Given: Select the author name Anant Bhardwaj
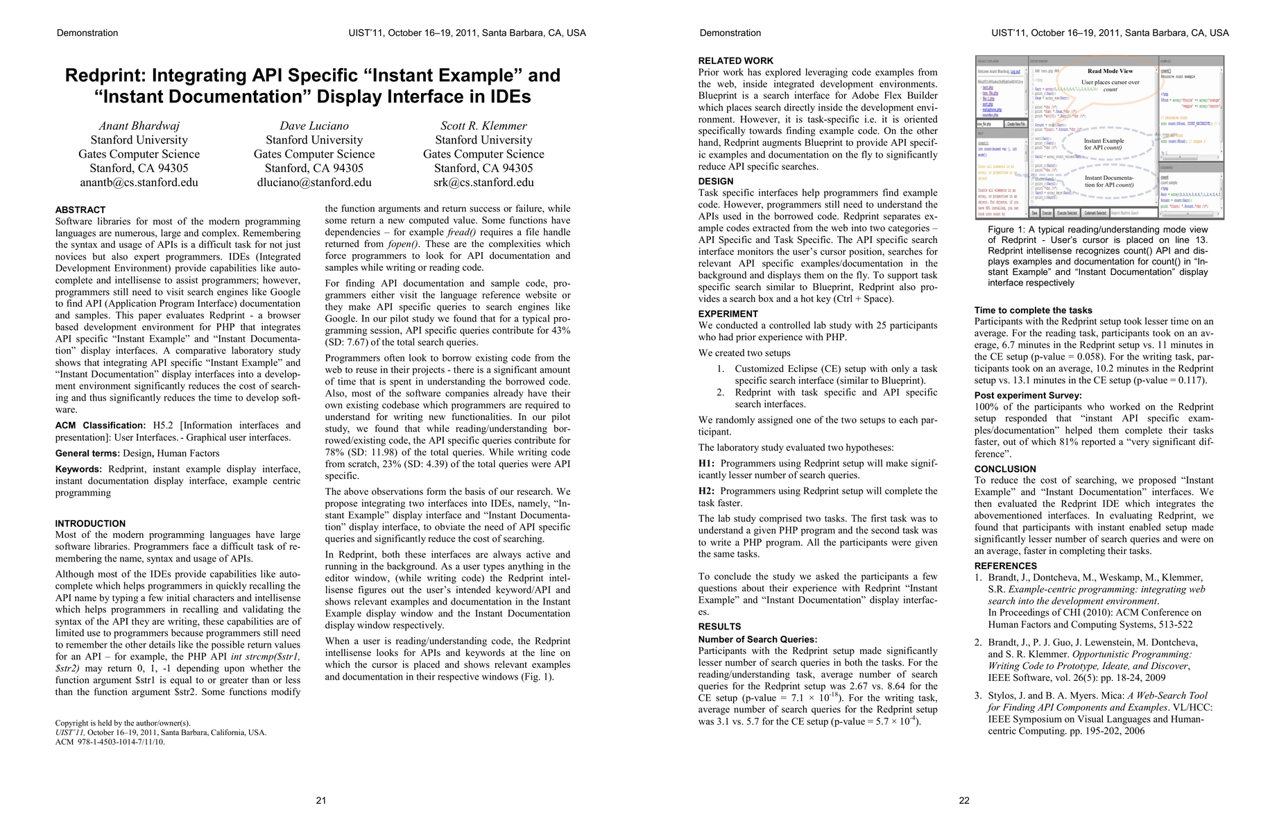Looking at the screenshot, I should [139, 126].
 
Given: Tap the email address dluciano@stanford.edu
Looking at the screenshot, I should [314, 183].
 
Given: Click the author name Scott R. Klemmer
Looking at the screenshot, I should [483, 126].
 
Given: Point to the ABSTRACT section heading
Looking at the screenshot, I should [80, 210].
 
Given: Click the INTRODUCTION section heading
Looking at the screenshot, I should [90, 523].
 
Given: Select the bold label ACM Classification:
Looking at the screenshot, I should [100, 426].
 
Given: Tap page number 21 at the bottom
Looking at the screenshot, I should [321, 800].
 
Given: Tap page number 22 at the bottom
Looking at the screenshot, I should [964, 800].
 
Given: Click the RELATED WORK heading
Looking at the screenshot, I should [735, 61].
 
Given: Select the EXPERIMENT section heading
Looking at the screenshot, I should [728, 314].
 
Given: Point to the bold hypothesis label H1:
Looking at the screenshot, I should [706, 464].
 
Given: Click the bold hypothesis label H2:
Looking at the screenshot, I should [706, 491].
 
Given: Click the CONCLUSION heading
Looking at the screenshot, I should [1005, 469].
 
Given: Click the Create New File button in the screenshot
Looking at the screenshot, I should [1015, 124].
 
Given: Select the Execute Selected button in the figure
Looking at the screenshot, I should [1067, 213].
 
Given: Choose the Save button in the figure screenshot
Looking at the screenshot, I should [1034, 213].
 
